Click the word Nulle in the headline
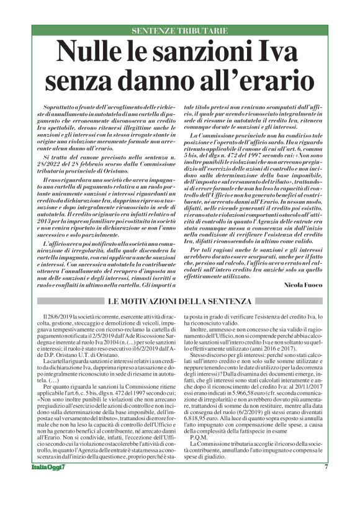click(88, 51)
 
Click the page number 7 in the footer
click(325, 484)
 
